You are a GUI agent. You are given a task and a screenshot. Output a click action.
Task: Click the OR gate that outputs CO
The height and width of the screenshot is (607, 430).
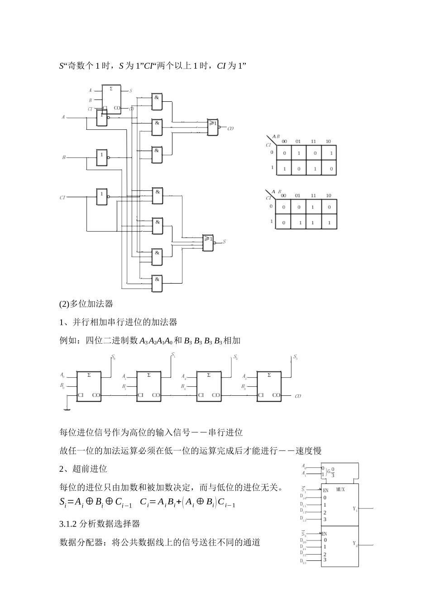pyautogui.click(x=212, y=127)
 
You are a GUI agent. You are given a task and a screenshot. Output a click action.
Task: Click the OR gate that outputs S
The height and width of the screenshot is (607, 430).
pyautogui.click(x=208, y=243)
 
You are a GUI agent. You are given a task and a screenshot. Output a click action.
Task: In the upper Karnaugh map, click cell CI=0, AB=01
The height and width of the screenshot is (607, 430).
pyautogui.click(x=298, y=153)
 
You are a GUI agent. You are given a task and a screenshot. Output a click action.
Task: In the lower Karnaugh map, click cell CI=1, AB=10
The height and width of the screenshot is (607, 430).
pyautogui.click(x=329, y=223)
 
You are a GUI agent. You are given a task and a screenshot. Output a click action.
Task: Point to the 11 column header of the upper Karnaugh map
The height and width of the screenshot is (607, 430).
pyautogui.click(x=313, y=142)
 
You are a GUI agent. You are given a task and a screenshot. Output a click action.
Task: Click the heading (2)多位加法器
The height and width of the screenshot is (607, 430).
pyautogui.click(x=86, y=304)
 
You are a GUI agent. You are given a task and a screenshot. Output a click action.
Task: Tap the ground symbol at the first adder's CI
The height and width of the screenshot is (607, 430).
pyautogui.click(x=67, y=410)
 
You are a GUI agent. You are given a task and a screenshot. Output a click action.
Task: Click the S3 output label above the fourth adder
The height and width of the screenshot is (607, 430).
pyautogui.click(x=295, y=358)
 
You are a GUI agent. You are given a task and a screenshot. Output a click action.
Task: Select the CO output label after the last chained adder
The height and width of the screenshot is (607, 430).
pyautogui.click(x=297, y=397)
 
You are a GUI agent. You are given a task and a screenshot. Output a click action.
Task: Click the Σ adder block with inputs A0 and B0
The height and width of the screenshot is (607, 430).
pyautogui.click(x=89, y=385)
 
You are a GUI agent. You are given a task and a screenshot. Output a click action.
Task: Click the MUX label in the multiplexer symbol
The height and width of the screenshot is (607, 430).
pyautogui.click(x=340, y=489)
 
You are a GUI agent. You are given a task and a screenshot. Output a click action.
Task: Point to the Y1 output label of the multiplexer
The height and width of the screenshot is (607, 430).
pyautogui.click(x=355, y=509)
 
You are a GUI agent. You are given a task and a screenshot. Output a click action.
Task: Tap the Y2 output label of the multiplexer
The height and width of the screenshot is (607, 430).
pyautogui.click(x=355, y=544)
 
